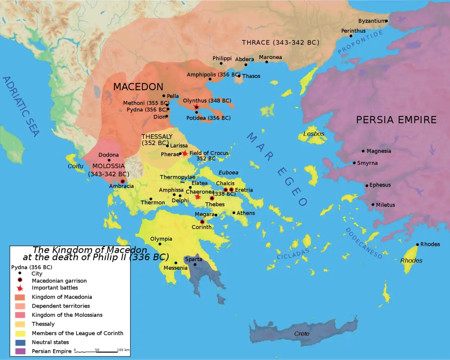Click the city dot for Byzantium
[386, 21]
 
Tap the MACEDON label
[138, 87]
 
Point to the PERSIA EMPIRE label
[396, 120]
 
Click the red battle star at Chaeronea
[198, 197]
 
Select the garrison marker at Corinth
[202, 222]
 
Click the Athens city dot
[234, 213]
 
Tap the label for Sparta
[193, 259]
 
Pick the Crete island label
[302, 334]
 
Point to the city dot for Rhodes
[417, 244]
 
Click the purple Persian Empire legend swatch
[20, 351]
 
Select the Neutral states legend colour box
[20, 342]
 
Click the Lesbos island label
[314, 134]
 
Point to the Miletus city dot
[373, 204]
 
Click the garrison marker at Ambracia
[123, 181]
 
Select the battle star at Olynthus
[197, 107]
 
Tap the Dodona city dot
[109, 160]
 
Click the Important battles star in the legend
[20, 288]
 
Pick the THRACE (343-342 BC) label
[281, 42]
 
